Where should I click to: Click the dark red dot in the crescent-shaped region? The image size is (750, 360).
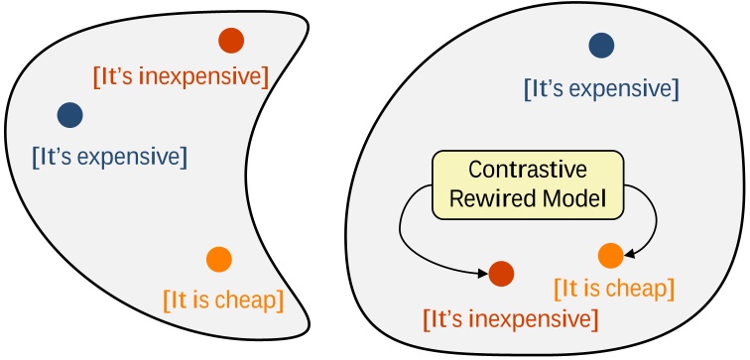click(231, 41)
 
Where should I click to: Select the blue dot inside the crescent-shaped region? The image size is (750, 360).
click(69, 115)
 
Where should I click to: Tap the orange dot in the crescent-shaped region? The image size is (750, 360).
click(219, 260)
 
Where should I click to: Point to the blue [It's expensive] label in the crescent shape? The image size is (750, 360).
click(109, 156)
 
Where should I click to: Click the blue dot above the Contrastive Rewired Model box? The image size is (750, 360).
click(601, 45)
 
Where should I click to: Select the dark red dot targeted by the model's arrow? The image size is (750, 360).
click(502, 274)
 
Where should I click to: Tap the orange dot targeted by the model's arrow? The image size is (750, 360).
click(611, 255)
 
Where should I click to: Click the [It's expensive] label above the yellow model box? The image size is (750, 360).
click(601, 89)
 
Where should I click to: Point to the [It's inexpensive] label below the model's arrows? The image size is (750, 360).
click(510, 320)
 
